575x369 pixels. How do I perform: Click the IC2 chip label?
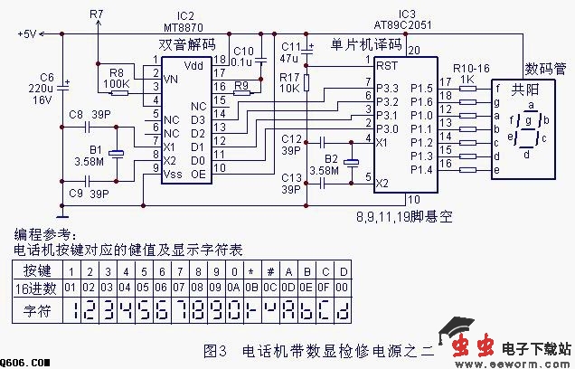point(184,16)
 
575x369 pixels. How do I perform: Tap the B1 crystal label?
point(95,150)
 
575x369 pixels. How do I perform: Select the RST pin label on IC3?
point(388,65)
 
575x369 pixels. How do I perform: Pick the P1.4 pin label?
point(421,169)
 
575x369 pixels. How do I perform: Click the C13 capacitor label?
point(291,178)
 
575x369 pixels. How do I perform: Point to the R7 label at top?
point(98,14)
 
